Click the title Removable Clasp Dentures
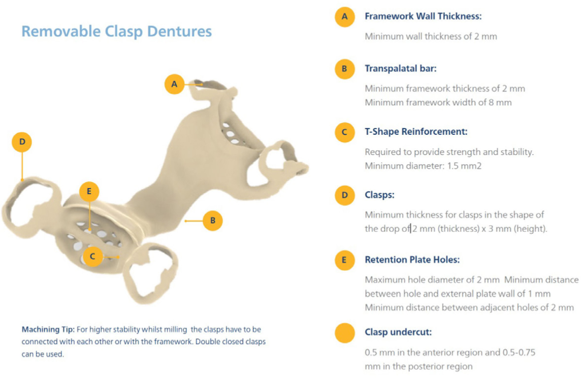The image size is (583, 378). point(116,31)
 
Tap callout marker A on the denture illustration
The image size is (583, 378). point(174,84)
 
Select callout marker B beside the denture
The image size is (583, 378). point(213,221)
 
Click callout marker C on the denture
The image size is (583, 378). point(92,256)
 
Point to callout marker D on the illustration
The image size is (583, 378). point(22,142)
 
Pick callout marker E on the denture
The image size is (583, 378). point(89,191)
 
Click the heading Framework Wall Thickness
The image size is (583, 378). point(423,16)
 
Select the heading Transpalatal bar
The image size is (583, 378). point(400,69)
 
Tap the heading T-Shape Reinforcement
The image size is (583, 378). point(416,132)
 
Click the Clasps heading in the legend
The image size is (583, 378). point(380,195)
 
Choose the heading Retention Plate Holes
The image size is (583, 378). point(412,260)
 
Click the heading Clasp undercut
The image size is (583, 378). point(398,332)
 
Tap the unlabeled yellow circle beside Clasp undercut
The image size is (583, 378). point(345,333)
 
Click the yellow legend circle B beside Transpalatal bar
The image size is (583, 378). point(345,69)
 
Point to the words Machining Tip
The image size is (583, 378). point(48,330)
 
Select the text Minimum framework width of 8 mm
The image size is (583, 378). point(438,102)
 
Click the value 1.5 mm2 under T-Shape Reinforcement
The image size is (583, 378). point(464,166)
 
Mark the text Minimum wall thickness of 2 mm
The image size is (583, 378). point(430,36)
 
